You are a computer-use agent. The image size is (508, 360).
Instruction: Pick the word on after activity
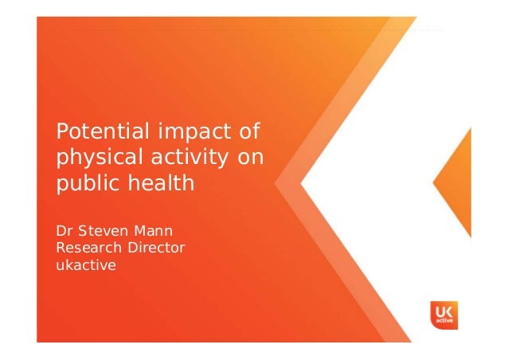(x=249, y=157)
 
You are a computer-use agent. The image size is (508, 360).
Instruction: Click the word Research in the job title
(x=86, y=248)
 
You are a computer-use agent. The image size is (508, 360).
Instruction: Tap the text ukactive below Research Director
(x=84, y=265)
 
